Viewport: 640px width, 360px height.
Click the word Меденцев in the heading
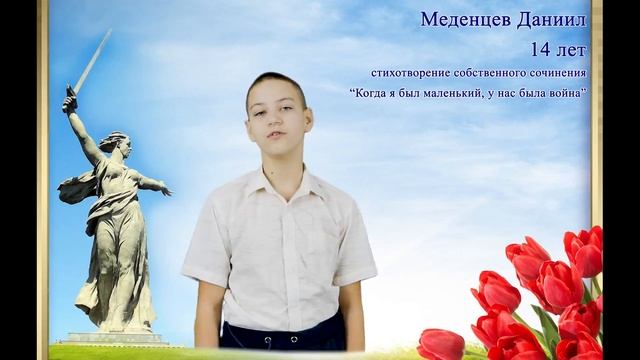[x=463, y=20]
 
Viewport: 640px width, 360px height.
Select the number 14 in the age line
[x=544, y=48]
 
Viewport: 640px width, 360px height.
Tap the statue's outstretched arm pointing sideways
[x=152, y=184]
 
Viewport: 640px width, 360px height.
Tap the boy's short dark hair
[x=276, y=84]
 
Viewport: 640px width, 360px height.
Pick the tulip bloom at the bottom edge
[x=440, y=344]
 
